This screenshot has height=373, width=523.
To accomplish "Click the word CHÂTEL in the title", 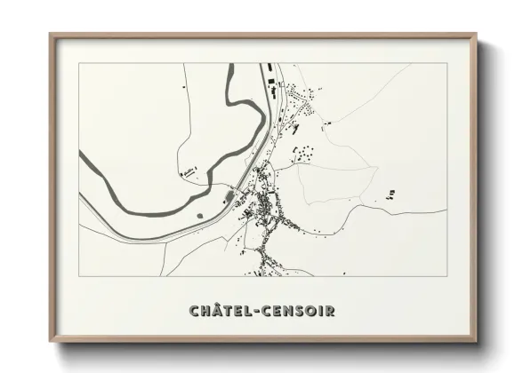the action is (219, 311).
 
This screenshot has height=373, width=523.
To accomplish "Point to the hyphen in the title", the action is (254, 311).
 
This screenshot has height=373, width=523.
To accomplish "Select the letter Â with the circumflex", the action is (216, 310).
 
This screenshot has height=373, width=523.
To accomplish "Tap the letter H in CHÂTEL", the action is (205, 311).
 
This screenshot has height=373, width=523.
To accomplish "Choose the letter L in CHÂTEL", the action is (246, 311).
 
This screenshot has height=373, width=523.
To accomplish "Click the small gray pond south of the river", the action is (200, 214).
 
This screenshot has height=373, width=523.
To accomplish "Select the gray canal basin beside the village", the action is (229, 196).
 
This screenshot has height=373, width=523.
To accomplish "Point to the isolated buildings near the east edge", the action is (390, 194).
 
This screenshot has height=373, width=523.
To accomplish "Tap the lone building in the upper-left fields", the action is (184, 90).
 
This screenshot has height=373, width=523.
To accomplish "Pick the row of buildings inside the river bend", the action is (188, 171).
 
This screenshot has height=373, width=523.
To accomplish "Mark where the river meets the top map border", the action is (229, 64).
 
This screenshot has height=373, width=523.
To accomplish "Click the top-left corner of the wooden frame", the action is (51, 35).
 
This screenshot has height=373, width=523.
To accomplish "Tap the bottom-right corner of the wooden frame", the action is (475, 340).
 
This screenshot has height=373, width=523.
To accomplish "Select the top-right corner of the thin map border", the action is (446, 63).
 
